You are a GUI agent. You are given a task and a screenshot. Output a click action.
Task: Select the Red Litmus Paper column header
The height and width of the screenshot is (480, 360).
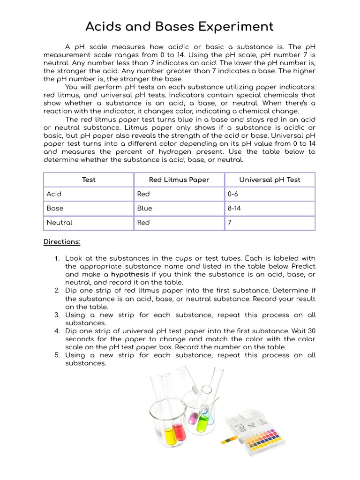tap(179, 180)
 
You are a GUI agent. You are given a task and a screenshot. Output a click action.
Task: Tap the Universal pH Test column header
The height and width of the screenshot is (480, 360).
tap(270, 180)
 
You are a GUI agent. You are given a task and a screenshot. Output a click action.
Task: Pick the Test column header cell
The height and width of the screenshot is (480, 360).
tap(89, 180)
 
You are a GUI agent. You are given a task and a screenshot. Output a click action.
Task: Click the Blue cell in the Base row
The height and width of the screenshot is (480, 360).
tap(144, 208)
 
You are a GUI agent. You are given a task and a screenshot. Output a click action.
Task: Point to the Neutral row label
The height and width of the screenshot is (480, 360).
tap(59, 223)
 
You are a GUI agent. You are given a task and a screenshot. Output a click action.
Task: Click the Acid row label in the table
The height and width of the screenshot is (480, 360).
tap(54, 194)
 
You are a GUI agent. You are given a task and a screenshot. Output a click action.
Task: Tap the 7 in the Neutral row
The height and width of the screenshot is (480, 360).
tap(230, 223)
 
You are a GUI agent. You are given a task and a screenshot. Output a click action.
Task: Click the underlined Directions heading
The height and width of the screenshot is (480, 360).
tap(62, 242)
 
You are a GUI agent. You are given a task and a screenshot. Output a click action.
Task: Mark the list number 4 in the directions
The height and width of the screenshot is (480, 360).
tap(57, 331)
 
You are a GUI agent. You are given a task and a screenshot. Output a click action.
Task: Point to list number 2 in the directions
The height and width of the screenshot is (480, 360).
tap(57, 291)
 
